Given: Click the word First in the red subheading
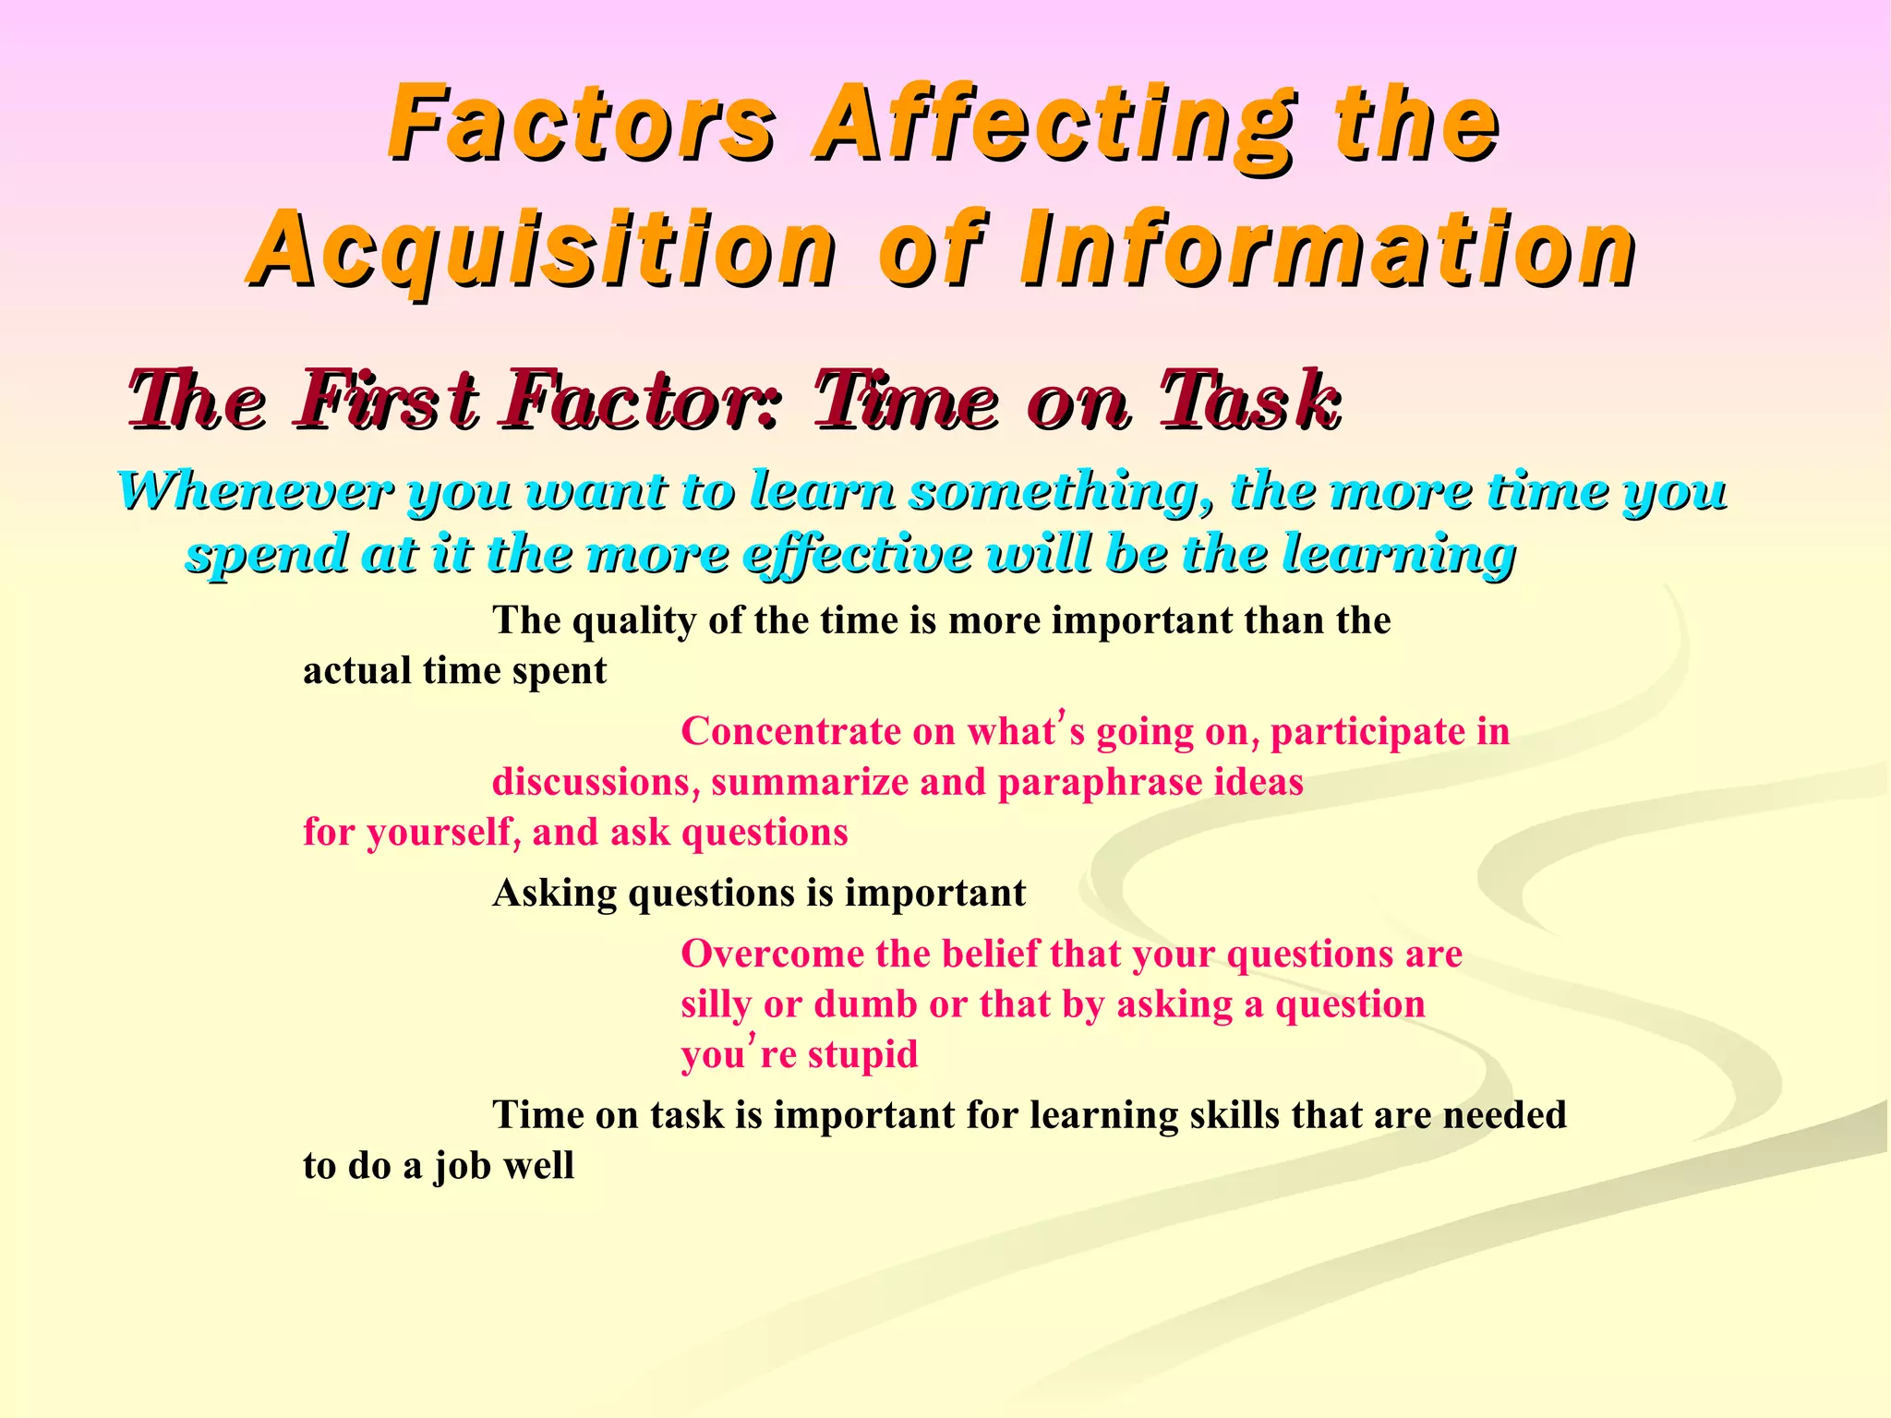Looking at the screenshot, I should pyautogui.click(x=387, y=402).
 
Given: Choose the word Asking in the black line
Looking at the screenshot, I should pyautogui.click(x=554, y=894).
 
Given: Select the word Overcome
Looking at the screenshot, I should pyautogui.click(x=773, y=954).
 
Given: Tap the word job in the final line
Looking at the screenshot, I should pyautogui.click(x=464, y=1167).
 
